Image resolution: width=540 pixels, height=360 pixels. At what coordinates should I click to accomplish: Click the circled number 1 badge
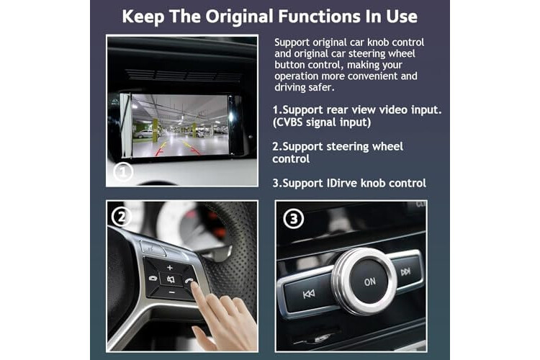pyautogui.click(x=123, y=172)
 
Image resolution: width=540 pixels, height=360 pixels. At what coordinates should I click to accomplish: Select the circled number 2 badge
pyautogui.click(x=121, y=217)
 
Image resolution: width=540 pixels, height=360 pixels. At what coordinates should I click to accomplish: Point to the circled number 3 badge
pyautogui.click(x=294, y=219)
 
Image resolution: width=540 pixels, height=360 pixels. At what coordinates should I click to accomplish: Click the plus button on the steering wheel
pyautogui.click(x=169, y=267)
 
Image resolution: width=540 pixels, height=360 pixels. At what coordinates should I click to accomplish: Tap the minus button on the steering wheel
pyautogui.click(x=172, y=293)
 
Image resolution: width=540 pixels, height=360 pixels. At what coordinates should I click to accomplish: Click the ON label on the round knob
pyautogui.click(x=370, y=282)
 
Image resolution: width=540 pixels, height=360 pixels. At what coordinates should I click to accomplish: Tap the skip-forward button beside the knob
pyautogui.click(x=405, y=272)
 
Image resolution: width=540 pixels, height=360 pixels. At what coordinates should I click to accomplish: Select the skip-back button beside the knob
pyautogui.click(x=308, y=294)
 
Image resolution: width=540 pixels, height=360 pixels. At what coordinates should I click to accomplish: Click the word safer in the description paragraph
pyautogui.click(x=322, y=88)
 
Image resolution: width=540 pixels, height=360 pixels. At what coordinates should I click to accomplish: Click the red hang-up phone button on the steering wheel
pyautogui.click(x=189, y=280)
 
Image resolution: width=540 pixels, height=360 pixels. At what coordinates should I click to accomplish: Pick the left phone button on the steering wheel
pyautogui.click(x=153, y=278)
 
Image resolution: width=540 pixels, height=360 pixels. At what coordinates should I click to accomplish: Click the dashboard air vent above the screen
pyautogui.click(x=183, y=75)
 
